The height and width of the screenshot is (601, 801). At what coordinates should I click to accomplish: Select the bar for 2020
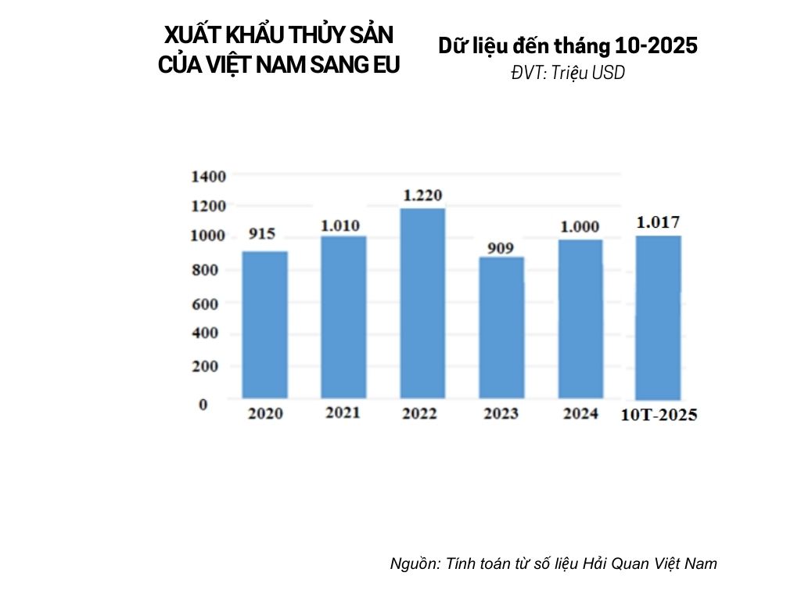point(265,325)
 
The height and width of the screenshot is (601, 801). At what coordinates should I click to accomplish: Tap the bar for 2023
point(501,328)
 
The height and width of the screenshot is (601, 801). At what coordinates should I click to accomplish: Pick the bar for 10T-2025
point(658,317)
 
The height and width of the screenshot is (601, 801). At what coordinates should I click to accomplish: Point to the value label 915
point(262,234)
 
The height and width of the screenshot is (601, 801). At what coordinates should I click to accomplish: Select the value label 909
point(501,249)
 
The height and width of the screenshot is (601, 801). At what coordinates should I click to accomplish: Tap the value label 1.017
point(658,222)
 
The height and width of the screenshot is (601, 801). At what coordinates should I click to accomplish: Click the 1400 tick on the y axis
point(208,177)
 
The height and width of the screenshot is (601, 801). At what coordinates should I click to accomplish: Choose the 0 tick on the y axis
point(203,405)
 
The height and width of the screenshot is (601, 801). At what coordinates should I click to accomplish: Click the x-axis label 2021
point(343,412)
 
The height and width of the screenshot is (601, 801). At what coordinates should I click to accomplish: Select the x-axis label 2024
point(580,413)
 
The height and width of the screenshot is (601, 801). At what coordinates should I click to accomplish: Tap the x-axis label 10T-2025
point(659,415)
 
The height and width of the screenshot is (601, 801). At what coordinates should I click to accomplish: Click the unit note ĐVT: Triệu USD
point(568,73)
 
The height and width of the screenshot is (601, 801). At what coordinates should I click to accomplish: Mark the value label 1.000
point(580,227)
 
